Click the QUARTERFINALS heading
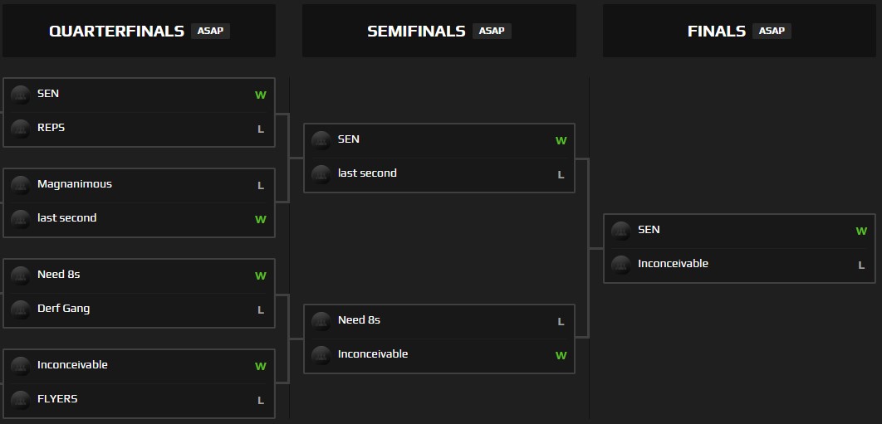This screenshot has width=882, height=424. [x=116, y=32]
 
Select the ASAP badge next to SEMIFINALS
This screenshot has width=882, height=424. [x=492, y=31]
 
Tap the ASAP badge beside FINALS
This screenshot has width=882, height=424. [x=772, y=31]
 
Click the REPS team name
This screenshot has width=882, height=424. [x=51, y=128]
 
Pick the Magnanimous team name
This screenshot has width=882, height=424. [x=75, y=184]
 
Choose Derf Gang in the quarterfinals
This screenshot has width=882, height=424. [x=63, y=309]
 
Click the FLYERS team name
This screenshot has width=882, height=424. [x=57, y=399]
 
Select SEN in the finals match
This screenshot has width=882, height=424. [x=649, y=230]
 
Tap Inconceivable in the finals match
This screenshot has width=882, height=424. [x=673, y=264]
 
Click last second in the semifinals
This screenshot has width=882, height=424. [x=367, y=173]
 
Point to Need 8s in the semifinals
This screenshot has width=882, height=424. [x=359, y=320]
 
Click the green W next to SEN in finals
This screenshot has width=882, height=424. [x=861, y=231]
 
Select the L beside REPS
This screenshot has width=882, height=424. [x=261, y=129]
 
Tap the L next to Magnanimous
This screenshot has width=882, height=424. [x=261, y=186]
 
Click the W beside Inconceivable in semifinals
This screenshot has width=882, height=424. [x=561, y=356]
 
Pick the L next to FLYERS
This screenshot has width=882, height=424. [x=261, y=401]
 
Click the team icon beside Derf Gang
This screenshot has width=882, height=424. [x=21, y=309]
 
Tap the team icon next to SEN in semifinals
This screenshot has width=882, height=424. [x=321, y=140]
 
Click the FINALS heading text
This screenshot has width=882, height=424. [x=716, y=32]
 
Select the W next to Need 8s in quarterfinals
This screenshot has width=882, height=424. [x=261, y=276]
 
